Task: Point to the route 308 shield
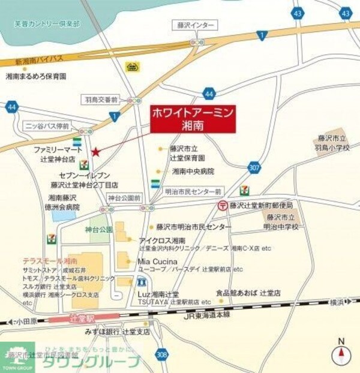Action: pyautogui.click(x=161, y=354)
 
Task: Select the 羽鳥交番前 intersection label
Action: pyautogui.click(x=103, y=99)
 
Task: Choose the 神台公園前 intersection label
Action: pyautogui.click(x=124, y=197)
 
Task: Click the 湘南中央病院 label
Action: pyautogui.click(x=193, y=171)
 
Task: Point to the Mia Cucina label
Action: pyautogui.click(x=157, y=261)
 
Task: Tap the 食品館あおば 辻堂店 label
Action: pyautogui.click(x=248, y=293)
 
